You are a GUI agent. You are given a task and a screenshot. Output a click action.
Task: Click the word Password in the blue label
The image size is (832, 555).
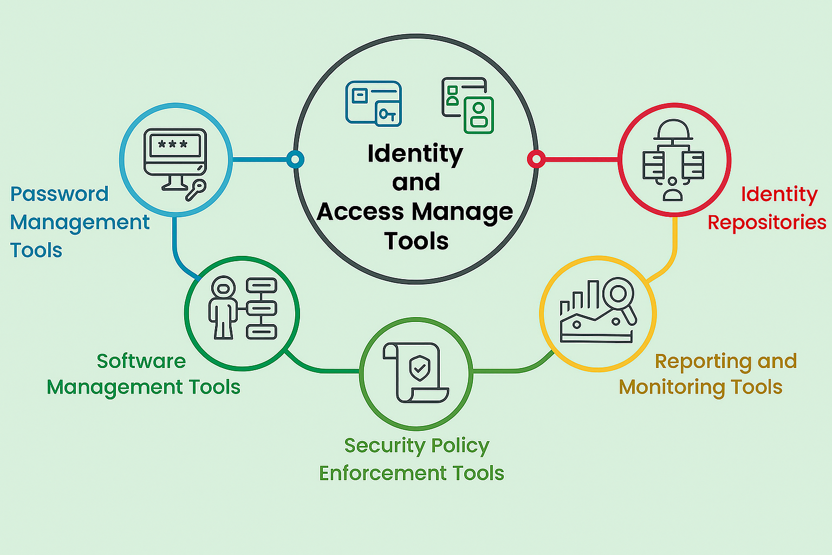(x=60, y=194)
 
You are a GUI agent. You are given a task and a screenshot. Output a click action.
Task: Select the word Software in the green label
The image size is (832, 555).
(x=141, y=361)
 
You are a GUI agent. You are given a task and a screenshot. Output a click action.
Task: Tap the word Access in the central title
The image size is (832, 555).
(x=360, y=211)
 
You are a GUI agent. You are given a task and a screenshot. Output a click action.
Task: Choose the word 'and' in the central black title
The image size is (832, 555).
(x=416, y=182)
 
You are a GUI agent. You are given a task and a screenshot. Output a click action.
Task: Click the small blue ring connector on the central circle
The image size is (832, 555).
(x=295, y=159)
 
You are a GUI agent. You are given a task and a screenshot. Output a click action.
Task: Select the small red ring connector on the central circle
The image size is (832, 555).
(x=536, y=159)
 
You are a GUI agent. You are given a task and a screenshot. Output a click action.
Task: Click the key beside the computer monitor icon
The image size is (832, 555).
(x=196, y=190)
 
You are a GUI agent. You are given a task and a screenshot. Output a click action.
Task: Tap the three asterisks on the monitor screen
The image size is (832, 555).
(x=173, y=144)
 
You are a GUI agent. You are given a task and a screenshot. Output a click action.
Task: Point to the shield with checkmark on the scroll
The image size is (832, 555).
(x=420, y=368)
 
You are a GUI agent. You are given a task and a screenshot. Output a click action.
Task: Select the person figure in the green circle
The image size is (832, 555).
(x=223, y=307)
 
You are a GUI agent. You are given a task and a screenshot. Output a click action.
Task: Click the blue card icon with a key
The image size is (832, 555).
(x=374, y=104)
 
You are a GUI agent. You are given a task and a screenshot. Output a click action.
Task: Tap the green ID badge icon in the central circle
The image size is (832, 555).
(x=479, y=115)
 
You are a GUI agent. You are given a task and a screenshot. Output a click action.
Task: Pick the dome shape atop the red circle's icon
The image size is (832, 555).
(x=673, y=130)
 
